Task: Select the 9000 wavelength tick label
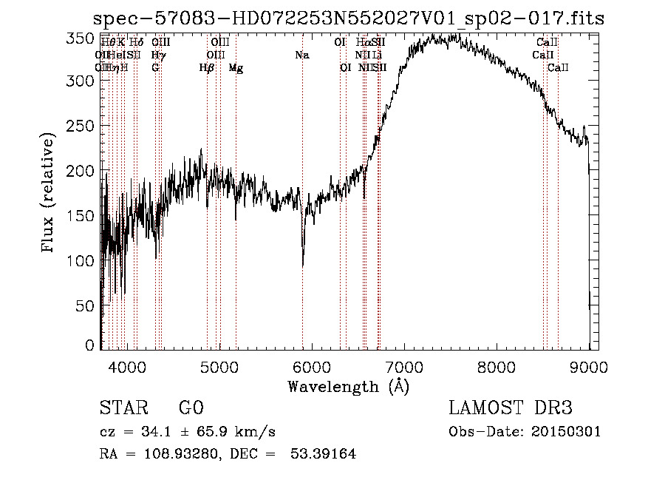point(588,366)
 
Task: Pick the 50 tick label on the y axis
point(84,305)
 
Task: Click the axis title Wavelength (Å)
point(348,386)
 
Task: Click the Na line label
point(301,55)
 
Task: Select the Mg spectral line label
point(236,68)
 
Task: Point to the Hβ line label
point(207,68)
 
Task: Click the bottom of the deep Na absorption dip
point(302,265)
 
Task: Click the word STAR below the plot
point(122,408)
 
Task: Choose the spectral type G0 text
point(191,408)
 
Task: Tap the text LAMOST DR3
point(511,408)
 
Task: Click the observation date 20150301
point(567,432)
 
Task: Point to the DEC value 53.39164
point(325,454)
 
